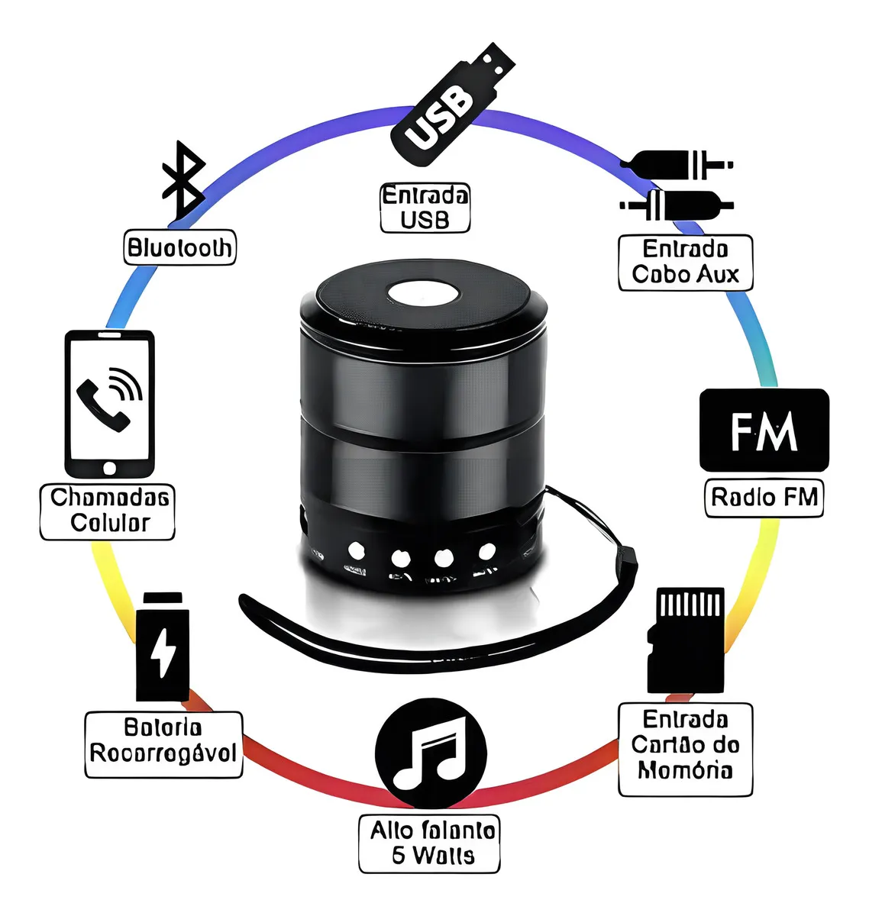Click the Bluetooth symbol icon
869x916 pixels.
tap(183, 182)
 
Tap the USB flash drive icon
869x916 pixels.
tap(452, 103)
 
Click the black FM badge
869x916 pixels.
tap(764, 430)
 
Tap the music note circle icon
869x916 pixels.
tap(431, 753)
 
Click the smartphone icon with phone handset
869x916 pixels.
tap(109, 404)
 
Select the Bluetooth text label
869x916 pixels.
tap(180, 248)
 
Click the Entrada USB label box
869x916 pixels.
tap(425, 208)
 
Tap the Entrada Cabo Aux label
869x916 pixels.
tap(685, 262)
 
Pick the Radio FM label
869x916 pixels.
tap(764, 498)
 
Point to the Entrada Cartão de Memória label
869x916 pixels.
tap(685, 744)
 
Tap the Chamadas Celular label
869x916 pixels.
tap(108, 511)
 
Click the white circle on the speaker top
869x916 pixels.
tap(422, 294)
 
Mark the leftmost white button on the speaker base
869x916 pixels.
tap(355, 550)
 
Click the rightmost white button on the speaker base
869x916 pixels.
tap(486, 550)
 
